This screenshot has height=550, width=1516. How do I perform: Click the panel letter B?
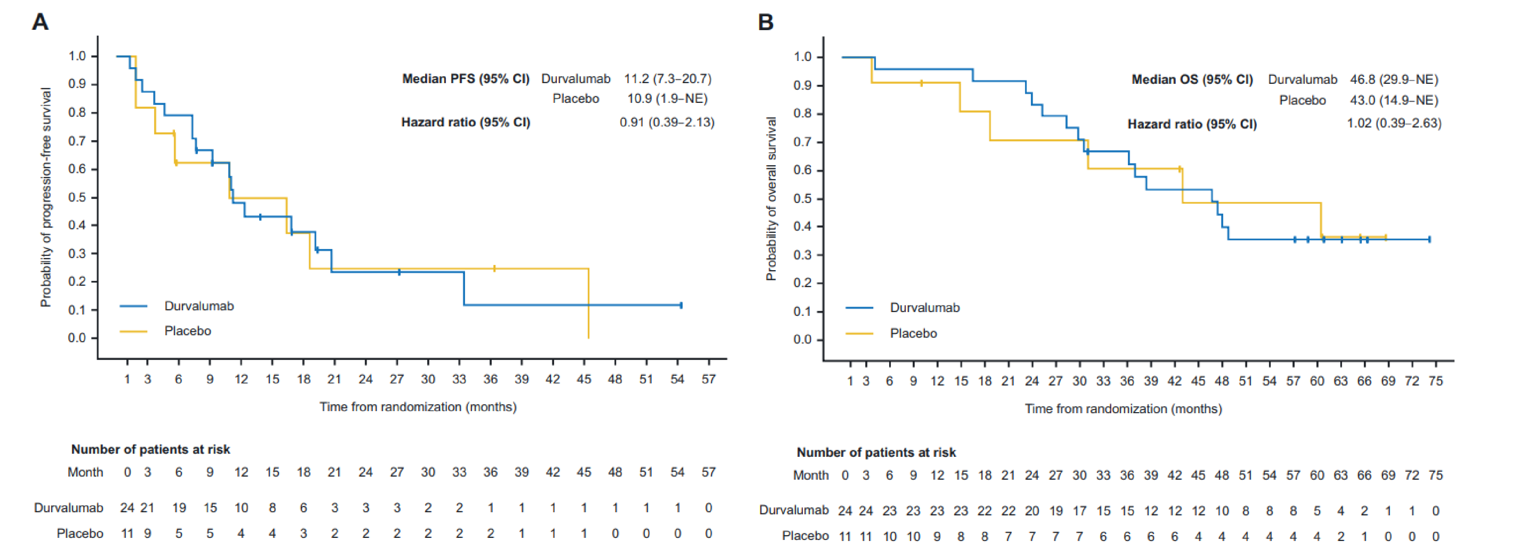pos(766,23)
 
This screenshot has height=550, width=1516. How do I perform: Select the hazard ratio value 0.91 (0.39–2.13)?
pos(667,122)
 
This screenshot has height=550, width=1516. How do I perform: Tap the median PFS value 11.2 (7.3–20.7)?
pos(667,79)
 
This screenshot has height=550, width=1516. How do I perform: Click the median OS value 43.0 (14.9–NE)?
pos(1394,100)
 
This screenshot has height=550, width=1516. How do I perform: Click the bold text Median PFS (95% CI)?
pos(465,79)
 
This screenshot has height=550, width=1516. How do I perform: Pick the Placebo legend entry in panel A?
pos(187,331)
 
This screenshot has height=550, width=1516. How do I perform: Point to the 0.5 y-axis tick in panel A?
pos(77,197)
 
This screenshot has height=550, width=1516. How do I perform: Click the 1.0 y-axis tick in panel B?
pos(803,57)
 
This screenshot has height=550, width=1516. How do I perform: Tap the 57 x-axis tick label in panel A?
pos(709,379)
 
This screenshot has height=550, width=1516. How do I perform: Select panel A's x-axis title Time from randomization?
pos(418,407)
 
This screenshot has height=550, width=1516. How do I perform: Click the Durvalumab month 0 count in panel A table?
pos(127,508)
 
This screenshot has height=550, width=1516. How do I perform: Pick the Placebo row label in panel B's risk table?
pos(805,536)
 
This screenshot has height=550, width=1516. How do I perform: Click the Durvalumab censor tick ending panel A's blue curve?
pos(681,305)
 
